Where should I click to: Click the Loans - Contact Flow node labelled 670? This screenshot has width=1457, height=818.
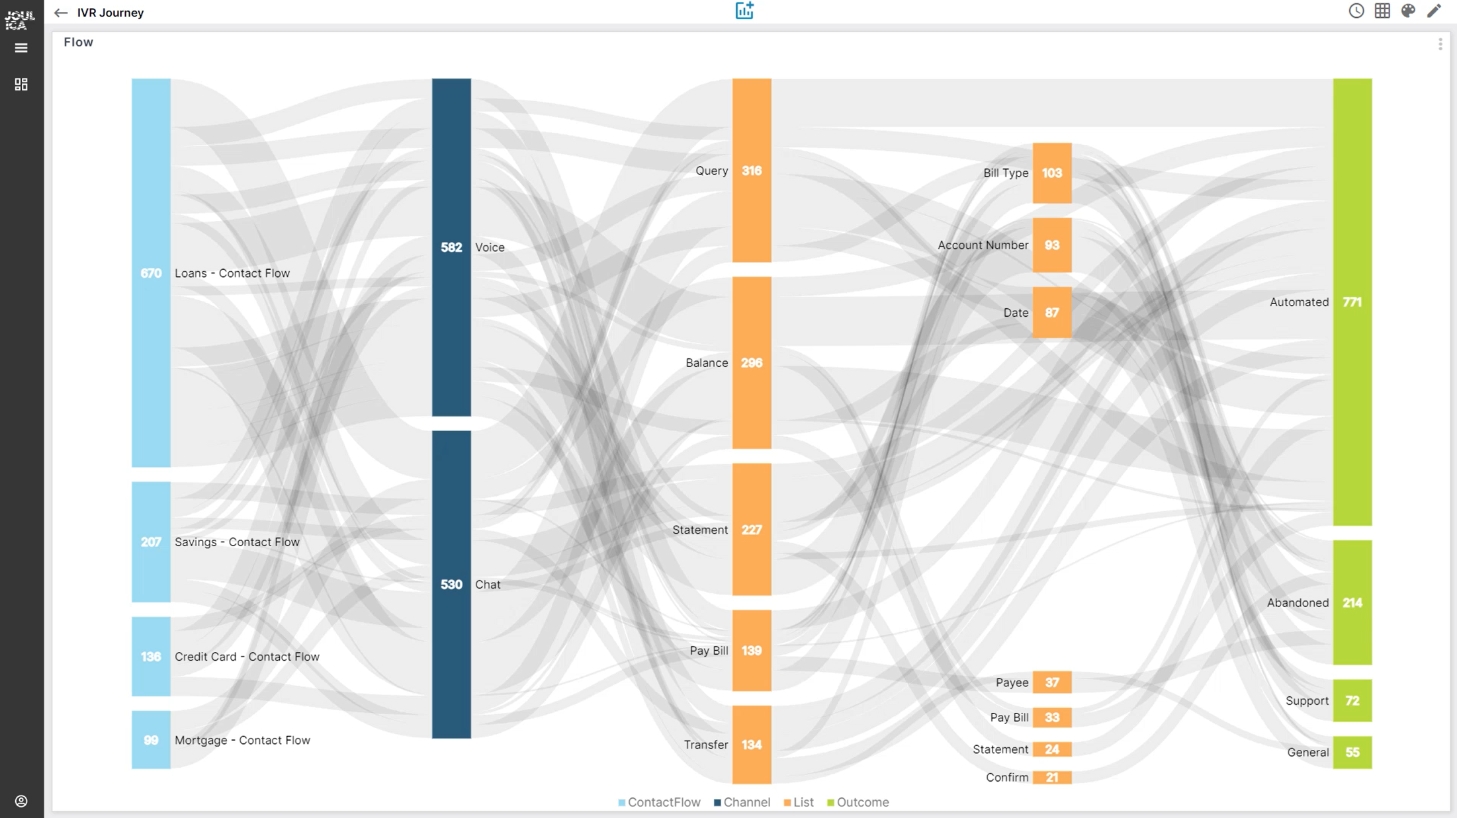pyautogui.click(x=151, y=272)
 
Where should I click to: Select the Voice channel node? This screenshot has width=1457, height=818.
pyautogui.click(x=451, y=247)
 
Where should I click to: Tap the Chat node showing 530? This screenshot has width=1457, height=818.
pyautogui.click(x=451, y=584)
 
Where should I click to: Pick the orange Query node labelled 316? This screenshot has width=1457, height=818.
pyautogui.click(x=751, y=170)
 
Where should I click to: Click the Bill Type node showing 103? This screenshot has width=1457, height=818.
pyautogui.click(x=1051, y=173)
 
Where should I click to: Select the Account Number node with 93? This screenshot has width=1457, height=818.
pyautogui.click(x=1051, y=245)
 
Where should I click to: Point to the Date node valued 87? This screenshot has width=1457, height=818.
pyautogui.click(x=1051, y=312)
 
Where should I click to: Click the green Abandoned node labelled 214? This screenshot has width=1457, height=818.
pyautogui.click(x=1352, y=602)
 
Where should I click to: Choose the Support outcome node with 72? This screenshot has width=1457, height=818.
pyautogui.click(x=1352, y=700)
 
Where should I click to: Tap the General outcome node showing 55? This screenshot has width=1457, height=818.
pyautogui.click(x=1352, y=752)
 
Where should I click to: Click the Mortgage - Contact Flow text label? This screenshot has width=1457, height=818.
pyautogui.click(x=242, y=740)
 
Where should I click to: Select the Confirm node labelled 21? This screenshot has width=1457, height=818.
pyautogui.click(x=1051, y=777)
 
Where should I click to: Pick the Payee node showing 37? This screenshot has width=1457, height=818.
pyautogui.click(x=1051, y=682)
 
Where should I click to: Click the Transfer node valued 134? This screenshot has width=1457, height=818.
pyautogui.click(x=751, y=744)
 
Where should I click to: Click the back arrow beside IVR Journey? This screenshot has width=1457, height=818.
pyautogui.click(x=61, y=13)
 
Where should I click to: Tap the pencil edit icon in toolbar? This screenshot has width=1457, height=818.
pyautogui.click(x=1433, y=11)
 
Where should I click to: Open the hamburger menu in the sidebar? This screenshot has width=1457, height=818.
pyautogui.click(x=21, y=48)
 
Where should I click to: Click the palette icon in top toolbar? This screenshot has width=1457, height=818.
pyautogui.click(x=1408, y=11)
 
